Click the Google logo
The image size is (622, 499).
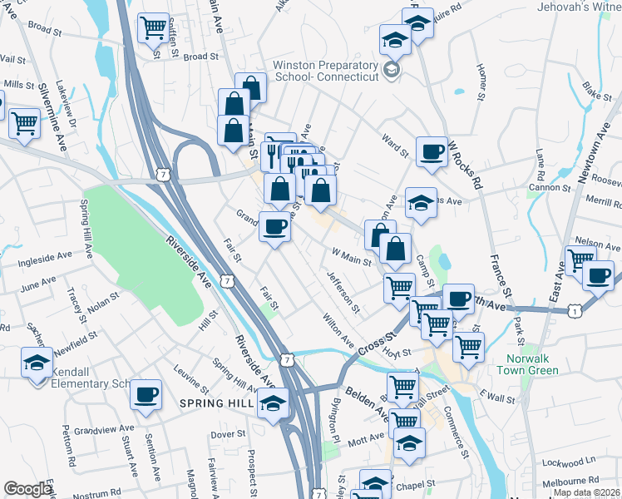pyautogui.click(x=27, y=489)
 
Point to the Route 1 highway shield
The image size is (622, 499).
pyautogui.click(x=574, y=310)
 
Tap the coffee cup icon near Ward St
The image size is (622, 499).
pyautogui.click(x=431, y=152)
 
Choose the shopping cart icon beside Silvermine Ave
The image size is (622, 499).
pyautogui.click(x=25, y=123)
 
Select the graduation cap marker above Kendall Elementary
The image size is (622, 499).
pyautogui.click(x=37, y=363)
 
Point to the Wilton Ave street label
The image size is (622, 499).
pyautogui.click(x=338, y=330)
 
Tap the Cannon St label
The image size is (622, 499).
pyautogui.click(x=546, y=188)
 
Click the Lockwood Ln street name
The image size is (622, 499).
pyautogui.click(x=568, y=460)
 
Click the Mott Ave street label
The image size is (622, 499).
pyautogui.click(x=365, y=436)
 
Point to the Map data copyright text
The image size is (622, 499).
pyautogui.click(x=585, y=492)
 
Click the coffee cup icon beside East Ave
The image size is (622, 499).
pyautogui.click(x=597, y=276)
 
